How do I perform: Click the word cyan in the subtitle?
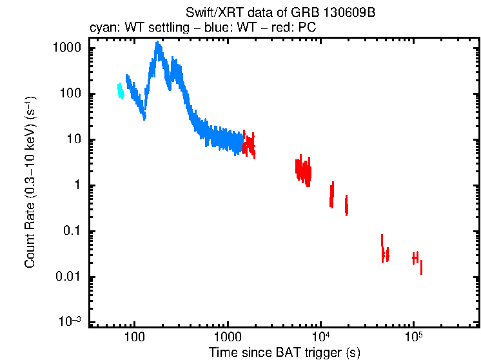pos(102,28)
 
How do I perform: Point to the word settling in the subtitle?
pos(171,28)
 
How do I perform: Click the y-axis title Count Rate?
pos(30,183)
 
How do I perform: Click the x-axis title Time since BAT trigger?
pos(284,352)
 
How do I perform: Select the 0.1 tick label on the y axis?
pos(70,232)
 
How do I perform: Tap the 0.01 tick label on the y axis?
pos(68,277)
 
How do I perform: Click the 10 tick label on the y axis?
pos(72,140)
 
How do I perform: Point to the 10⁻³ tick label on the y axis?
pos(69,321)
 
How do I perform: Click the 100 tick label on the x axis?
pos(134,337)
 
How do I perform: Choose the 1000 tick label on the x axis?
pos(227,337)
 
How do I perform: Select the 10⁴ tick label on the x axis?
pos(320,335)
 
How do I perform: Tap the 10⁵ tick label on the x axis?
pos(413,335)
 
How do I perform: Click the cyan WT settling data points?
pos(120,90)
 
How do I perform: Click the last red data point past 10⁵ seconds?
pos(421,266)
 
